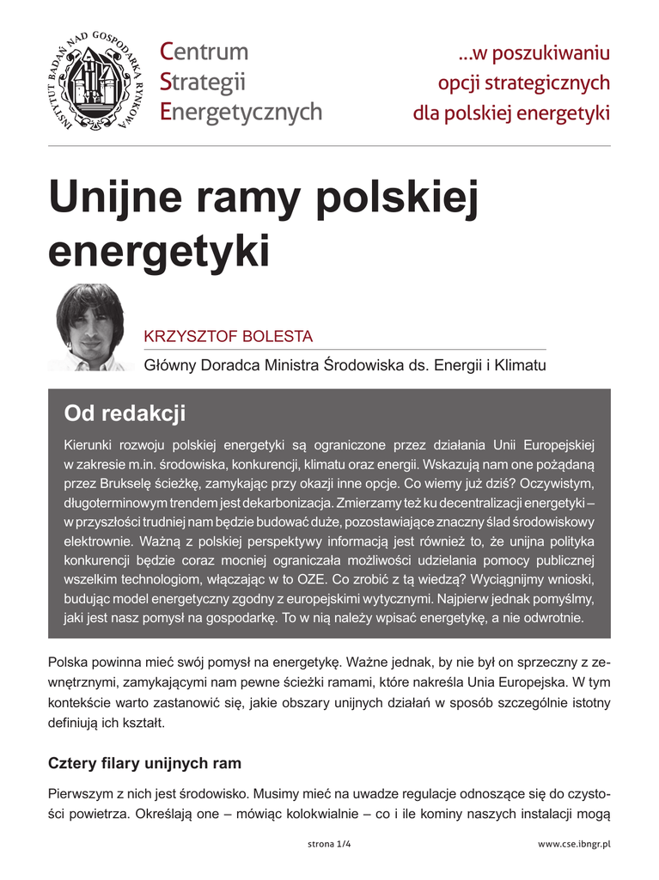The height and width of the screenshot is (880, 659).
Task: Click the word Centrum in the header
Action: tap(204, 52)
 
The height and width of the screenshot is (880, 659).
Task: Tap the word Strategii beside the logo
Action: tap(203, 82)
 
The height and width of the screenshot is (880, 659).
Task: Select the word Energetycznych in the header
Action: tap(241, 112)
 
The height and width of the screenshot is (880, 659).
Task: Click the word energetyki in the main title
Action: tap(159, 250)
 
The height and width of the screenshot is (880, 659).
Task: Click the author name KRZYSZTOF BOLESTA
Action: tap(228, 335)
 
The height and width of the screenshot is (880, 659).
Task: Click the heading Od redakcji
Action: tap(125, 413)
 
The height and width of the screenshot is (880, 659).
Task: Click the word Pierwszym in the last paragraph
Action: tap(82, 796)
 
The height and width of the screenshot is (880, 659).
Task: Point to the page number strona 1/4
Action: tap(329, 845)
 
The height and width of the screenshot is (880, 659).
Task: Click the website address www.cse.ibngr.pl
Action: tap(574, 845)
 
